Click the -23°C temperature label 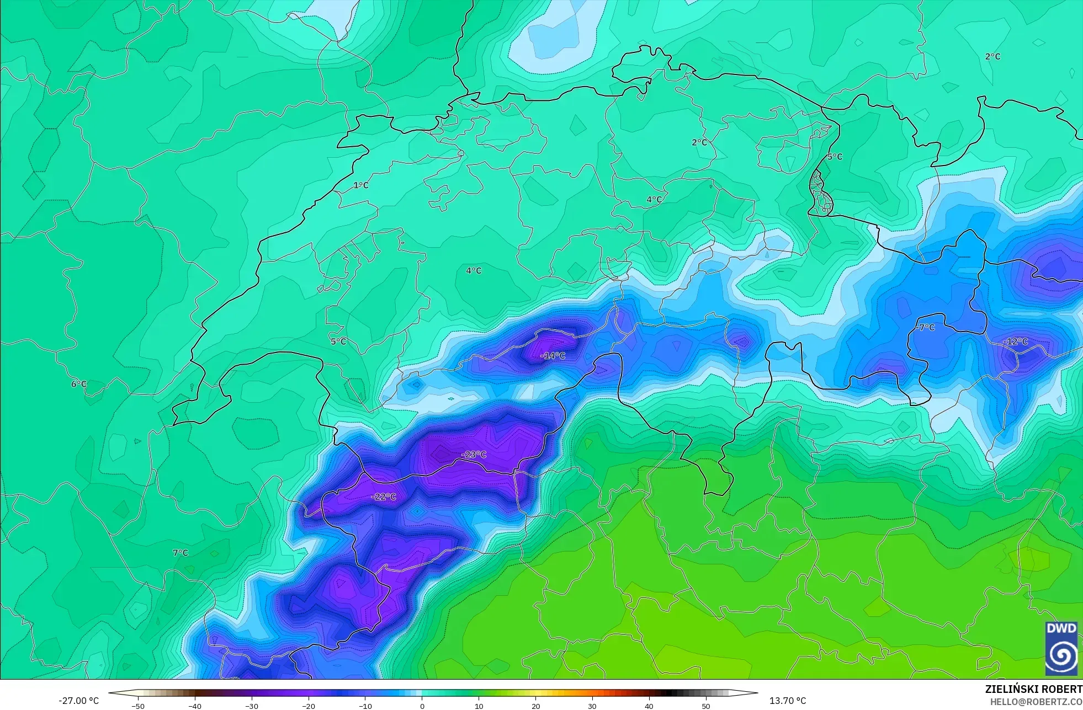coord(474,455)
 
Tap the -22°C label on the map coord(384,497)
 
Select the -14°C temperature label coord(553,356)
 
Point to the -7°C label coord(926,327)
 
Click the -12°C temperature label coord(1015,341)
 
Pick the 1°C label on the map coord(361,185)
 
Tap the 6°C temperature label coord(79,384)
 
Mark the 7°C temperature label coord(180,553)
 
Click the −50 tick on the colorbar coord(138,706)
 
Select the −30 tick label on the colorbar coord(251,706)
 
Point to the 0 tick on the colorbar coord(422,706)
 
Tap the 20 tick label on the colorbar coord(535,706)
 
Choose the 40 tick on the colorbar coord(649,706)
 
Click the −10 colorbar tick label coord(365,706)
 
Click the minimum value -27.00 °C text coord(79,701)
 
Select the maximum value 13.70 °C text coord(788,701)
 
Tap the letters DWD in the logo coord(1061,628)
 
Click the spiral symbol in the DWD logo coord(1061,655)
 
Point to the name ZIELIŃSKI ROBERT coord(1033,689)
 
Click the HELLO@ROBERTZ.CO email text coord(1036,702)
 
